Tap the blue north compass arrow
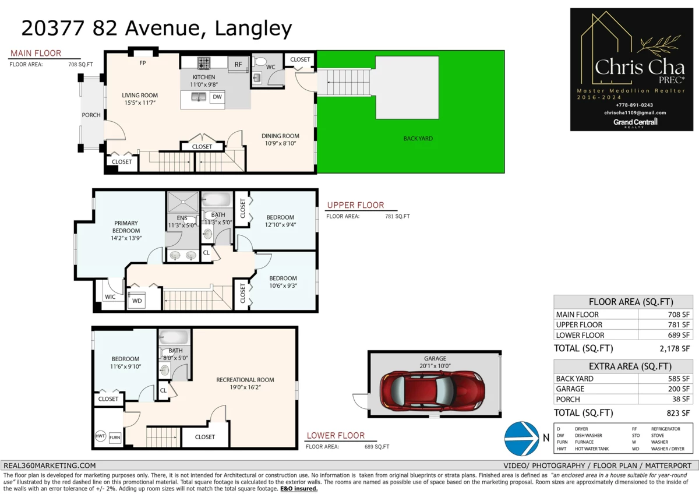pos(522,439)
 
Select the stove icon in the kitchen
pos(204,63)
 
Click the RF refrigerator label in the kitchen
pos(238,64)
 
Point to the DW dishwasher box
pos(217,97)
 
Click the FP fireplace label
pos(143,63)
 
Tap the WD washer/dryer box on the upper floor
pos(137,301)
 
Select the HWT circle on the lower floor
pos(100,436)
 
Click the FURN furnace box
pos(115,437)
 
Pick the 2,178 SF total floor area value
pos(675,348)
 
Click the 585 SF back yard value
pos(679,379)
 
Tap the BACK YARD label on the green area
pos(418,139)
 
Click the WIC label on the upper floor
pos(110,297)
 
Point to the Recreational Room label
pos(245,380)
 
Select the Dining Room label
pos(280,136)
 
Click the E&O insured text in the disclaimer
pos(299,489)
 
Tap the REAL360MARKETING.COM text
pos(50,465)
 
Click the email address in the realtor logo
pos(635,112)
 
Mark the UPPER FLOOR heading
pos(355,205)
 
